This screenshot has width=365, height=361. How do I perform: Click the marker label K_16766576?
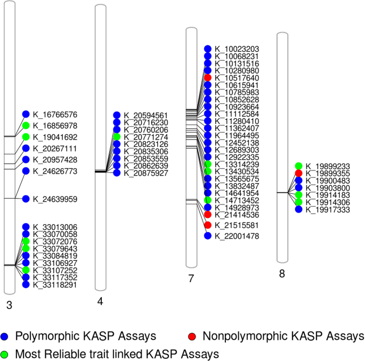click(x=55, y=114)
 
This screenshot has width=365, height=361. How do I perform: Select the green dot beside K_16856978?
click(x=26, y=126)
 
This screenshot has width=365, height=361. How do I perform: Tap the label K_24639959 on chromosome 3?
click(x=55, y=199)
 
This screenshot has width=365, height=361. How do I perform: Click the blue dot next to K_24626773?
click(x=26, y=171)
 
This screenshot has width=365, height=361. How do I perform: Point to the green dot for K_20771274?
click(x=117, y=137)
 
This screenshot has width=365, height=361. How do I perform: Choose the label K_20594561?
click(x=146, y=115)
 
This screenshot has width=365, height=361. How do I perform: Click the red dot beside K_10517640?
click(x=208, y=78)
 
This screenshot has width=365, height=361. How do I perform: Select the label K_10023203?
click(x=237, y=48)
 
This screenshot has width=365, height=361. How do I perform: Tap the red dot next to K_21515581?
click(x=208, y=225)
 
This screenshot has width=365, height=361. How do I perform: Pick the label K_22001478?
click(x=237, y=236)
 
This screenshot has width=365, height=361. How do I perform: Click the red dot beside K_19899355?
click(x=299, y=173)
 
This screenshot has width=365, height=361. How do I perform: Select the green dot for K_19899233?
click(x=299, y=166)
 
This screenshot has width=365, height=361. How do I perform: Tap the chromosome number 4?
click(x=100, y=301)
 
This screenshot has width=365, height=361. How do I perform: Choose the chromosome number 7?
click(x=192, y=278)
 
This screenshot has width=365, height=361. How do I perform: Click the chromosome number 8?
click(x=282, y=274)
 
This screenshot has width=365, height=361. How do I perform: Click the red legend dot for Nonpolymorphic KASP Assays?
click(x=192, y=337)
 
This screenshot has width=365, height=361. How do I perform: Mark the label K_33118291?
click(x=55, y=285)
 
